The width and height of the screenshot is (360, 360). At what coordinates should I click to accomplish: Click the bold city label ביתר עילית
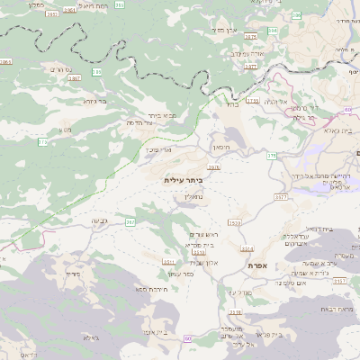(184, 180)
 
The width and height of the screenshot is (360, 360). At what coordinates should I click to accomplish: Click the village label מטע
(65, 130)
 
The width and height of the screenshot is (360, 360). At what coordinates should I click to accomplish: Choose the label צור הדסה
(137, 121)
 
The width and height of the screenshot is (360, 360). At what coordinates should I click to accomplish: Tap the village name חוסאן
(220, 146)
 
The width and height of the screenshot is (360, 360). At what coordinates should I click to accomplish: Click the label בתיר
(231, 104)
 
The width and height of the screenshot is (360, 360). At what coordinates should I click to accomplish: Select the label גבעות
(100, 220)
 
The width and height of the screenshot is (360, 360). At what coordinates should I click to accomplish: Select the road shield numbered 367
(130, 221)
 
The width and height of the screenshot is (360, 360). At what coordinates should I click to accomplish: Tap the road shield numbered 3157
(339, 282)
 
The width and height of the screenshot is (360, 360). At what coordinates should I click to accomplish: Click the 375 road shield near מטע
(42, 142)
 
